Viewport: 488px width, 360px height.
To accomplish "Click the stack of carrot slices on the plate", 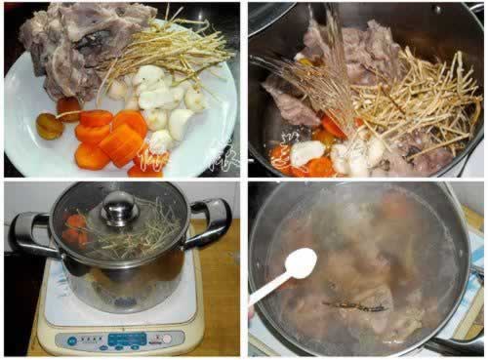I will coord(112,137).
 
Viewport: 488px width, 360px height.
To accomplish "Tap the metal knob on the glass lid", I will coord(119,207).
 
